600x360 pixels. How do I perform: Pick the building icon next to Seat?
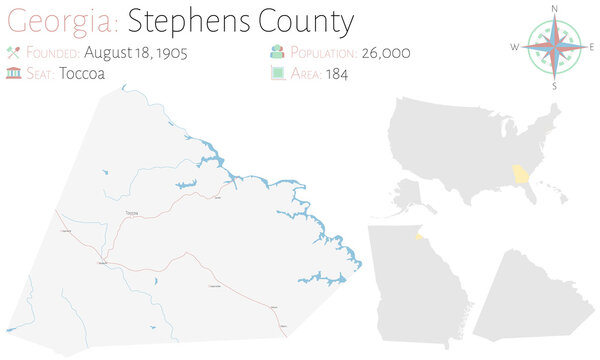(x=13, y=74)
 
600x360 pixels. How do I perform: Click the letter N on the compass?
(x=554, y=8)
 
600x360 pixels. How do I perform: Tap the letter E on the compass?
(x=592, y=46)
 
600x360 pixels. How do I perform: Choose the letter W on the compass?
(x=514, y=46)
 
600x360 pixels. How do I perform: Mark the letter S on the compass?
(x=554, y=86)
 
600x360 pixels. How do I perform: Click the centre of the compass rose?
(x=554, y=46)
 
